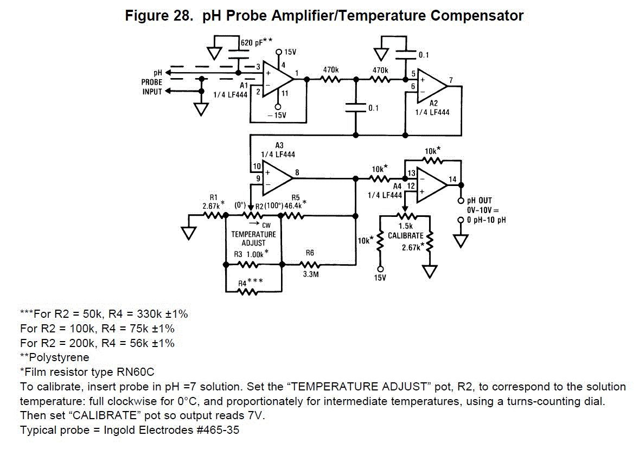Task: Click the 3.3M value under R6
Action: pyautogui.click(x=310, y=274)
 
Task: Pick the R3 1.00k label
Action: pyautogui.click(x=251, y=254)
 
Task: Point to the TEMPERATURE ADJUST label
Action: pyautogui.click(x=253, y=239)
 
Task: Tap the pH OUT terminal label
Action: pyautogui.click(x=480, y=201)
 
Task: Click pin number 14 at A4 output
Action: pyautogui.click(x=453, y=179)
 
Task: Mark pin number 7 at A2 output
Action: pyautogui.click(x=450, y=80)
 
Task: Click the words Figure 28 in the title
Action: pyautogui.click(x=157, y=16)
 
